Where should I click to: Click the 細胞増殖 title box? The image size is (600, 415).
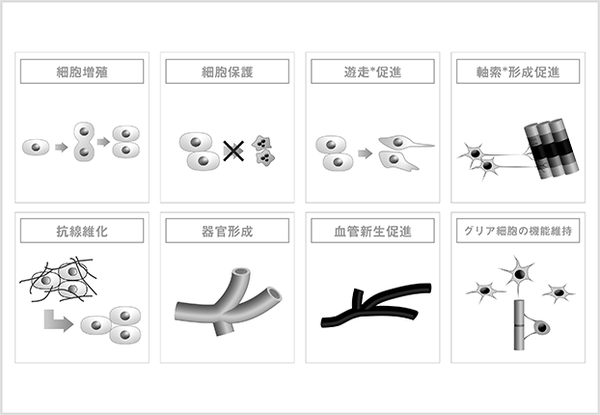pyautogui.click(x=82, y=71)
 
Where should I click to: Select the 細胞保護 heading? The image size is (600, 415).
pyautogui.click(x=228, y=71)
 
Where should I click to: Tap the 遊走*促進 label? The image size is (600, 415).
pyautogui.click(x=372, y=71)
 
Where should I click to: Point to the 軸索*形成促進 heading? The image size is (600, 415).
pyautogui.click(x=518, y=71)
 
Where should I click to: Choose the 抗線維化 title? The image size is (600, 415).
pyautogui.click(x=82, y=231)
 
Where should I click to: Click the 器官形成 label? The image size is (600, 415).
pyautogui.click(x=228, y=231)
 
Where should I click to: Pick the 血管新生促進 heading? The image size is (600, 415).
pyautogui.click(x=372, y=231)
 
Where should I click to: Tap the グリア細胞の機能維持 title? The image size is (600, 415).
pyautogui.click(x=518, y=231)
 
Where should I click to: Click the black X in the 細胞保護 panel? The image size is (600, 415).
pyautogui.click(x=233, y=151)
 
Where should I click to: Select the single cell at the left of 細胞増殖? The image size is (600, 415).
pyautogui.click(x=36, y=148)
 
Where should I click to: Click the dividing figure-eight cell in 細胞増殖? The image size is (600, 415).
pyautogui.click(x=84, y=142)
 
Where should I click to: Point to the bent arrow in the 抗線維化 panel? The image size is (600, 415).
pyautogui.click(x=58, y=320)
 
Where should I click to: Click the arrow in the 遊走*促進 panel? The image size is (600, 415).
pyautogui.click(x=365, y=153)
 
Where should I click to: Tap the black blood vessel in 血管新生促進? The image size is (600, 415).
pyautogui.click(x=376, y=306)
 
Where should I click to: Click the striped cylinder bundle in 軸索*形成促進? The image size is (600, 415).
pyautogui.click(x=551, y=149)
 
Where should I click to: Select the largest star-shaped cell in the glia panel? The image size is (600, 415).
pyautogui.click(x=518, y=274)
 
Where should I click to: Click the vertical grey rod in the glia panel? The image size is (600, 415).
pyautogui.click(x=519, y=325)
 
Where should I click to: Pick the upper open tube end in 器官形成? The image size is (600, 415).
pyautogui.click(x=242, y=272)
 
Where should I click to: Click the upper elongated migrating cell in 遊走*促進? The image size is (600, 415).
pyautogui.click(x=405, y=143)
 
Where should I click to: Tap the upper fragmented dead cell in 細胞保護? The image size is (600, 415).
pyautogui.click(x=261, y=143)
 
